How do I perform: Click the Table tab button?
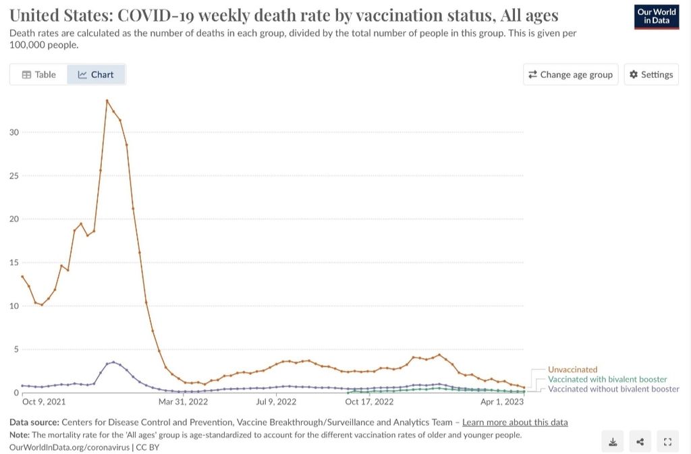pyautogui.click(x=38, y=75)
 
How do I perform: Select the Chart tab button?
pyautogui.click(x=96, y=75)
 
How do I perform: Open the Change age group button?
pyautogui.click(x=570, y=75)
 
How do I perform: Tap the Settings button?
pyautogui.click(x=651, y=75)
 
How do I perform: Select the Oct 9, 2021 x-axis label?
pyautogui.click(x=43, y=402)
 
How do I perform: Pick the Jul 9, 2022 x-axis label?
pyautogui.click(x=276, y=402)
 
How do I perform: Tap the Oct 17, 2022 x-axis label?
pyautogui.click(x=369, y=402)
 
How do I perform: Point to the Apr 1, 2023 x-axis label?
pyautogui.click(x=501, y=402)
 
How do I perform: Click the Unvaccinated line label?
pyautogui.click(x=572, y=370)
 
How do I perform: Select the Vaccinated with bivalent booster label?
pyautogui.click(x=607, y=379)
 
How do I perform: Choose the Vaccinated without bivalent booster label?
pyautogui.click(x=613, y=389)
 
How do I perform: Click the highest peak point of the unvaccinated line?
pyautogui.click(x=107, y=101)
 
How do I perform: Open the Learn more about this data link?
pyautogui.click(x=515, y=422)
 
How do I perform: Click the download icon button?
pyautogui.click(x=613, y=442)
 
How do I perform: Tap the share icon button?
pyautogui.click(x=640, y=442)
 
